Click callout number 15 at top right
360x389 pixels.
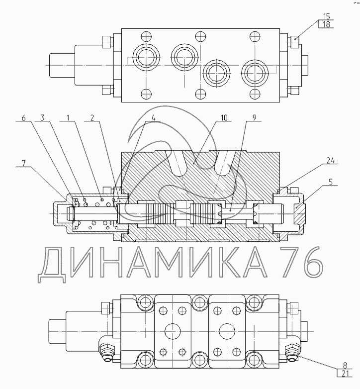tap(327, 16)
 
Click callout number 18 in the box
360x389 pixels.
tap(327, 24)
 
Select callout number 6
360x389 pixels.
tap(23, 117)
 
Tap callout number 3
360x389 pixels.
tap(43, 117)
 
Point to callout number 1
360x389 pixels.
tap(68, 117)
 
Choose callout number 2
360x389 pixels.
tap(92, 117)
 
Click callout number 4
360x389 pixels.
tap(154, 117)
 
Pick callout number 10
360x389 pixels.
tap(224, 117)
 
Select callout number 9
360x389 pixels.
tap(254, 117)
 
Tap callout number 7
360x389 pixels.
tap(24, 163)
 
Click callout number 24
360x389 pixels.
tap(330, 161)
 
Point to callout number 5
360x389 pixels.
tap(331, 182)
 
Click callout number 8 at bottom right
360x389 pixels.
tap(345, 365)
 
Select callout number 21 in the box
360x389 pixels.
tap(345, 373)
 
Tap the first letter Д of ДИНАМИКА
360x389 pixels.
tap(52, 265)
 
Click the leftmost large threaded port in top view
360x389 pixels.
tap(146, 58)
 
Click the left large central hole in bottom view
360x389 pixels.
tap(173, 331)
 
